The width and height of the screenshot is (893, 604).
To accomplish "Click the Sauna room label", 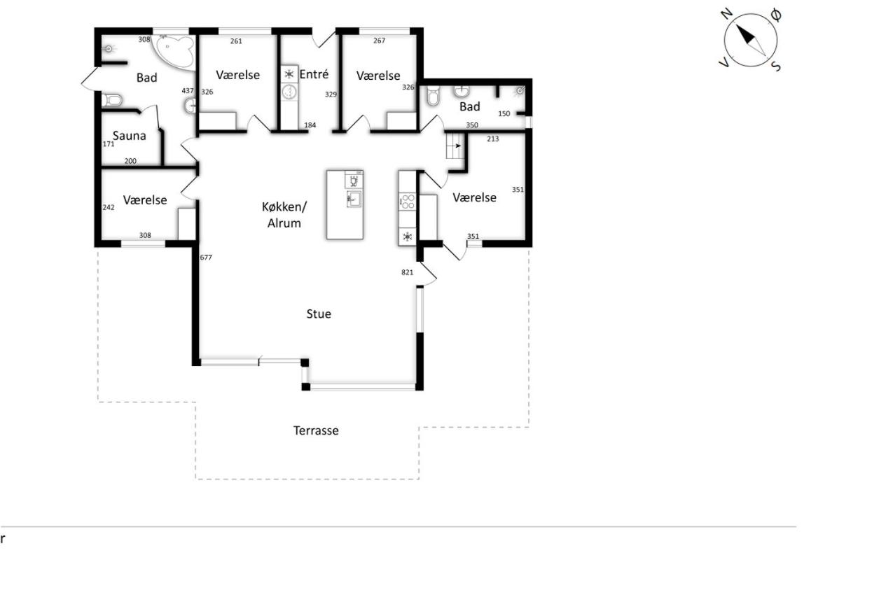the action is (x=129, y=136).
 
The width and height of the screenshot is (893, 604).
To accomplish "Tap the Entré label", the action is (x=314, y=74).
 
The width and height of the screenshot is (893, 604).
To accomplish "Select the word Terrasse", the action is (x=316, y=430).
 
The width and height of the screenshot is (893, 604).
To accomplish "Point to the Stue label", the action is (x=319, y=314).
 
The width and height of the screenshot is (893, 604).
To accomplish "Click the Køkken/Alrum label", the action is (x=284, y=215).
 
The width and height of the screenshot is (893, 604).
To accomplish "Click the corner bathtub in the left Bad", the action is (x=174, y=52).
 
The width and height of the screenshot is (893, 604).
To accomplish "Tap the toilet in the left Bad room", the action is (x=112, y=100).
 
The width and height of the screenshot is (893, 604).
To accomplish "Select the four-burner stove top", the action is (x=408, y=201).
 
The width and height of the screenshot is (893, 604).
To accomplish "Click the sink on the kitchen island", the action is (x=354, y=199).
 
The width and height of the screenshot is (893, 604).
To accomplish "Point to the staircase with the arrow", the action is (x=455, y=146).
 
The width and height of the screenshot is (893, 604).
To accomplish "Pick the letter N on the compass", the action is (x=727, y=14).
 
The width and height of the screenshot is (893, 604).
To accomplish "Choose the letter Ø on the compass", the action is (x=776, y=15).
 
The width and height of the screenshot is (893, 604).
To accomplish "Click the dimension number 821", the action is (x=407, y=272).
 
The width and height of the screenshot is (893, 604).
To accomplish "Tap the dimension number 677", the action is (x=206, y=258).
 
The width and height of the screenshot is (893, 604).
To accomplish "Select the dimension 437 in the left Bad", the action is (x=188, y=91).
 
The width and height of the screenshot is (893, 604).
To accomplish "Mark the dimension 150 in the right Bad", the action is (x=504, y=114).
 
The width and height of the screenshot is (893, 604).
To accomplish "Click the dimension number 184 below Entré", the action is (x=310, y=125).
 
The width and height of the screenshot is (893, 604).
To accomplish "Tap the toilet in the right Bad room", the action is (x=433, y=96).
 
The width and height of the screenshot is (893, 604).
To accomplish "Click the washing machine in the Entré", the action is (x=289, y=92).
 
